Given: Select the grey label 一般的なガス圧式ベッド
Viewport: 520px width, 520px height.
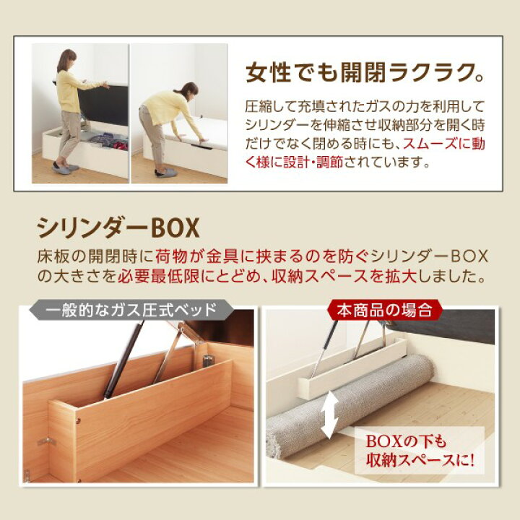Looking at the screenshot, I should coord(131,311).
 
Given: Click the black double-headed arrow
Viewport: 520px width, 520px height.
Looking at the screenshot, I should coord(331,412).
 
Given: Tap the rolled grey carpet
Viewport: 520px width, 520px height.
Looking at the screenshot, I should coord(347,411).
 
